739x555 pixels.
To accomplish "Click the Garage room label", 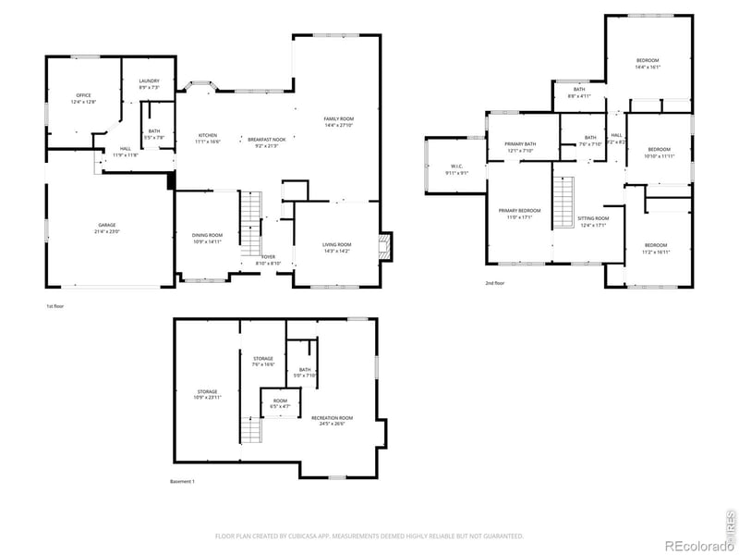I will coord(108,228).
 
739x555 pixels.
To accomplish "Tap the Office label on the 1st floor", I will coord(84,98).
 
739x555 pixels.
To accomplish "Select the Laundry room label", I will coord(150,83).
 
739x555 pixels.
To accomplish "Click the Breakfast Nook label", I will coord(267,142).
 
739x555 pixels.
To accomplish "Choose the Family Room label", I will coord(338,121).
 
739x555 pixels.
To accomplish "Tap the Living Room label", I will coord(336,247).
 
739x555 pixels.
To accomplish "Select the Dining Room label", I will coord(207,238).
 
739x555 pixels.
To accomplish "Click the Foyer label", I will coord(268,259).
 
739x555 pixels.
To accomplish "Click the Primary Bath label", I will coord(520,146).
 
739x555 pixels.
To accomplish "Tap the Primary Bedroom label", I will coord(520,213).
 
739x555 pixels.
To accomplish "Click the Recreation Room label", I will coord(332,420).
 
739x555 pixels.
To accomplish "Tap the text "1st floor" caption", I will coord(56,306).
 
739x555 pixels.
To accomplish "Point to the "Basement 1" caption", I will coord(183,481).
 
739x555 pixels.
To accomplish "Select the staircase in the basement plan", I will coord(248,429).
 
